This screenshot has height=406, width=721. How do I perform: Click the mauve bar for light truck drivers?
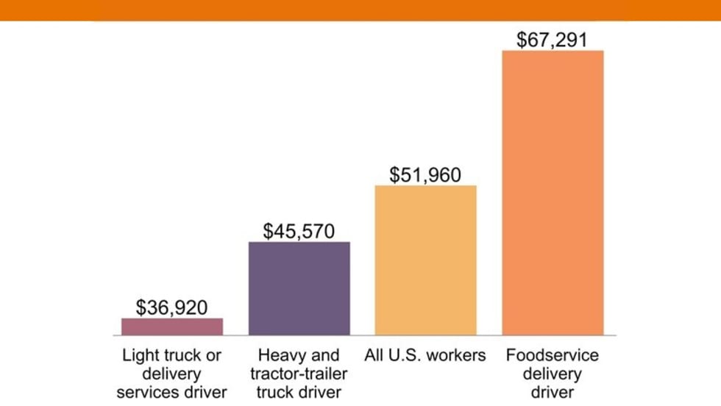pos(172,327)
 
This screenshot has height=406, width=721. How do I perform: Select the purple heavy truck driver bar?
pos(299,288)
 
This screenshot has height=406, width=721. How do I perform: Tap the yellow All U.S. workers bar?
pos(426,260)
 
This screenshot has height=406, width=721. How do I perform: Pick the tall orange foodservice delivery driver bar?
pos(553,193)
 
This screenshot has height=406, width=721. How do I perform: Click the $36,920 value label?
pos(171,307)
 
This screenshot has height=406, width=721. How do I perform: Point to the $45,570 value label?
pos(299,231)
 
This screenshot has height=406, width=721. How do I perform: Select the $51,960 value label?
pos(425,175)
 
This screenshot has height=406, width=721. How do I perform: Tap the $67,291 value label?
pos(552,39)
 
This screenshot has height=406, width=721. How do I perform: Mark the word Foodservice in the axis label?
pos(553,355)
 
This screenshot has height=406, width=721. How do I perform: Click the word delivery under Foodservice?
pos(553,374)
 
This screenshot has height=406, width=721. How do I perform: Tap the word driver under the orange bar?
pos(553,391)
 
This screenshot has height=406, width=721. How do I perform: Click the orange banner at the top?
pos(360,10)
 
